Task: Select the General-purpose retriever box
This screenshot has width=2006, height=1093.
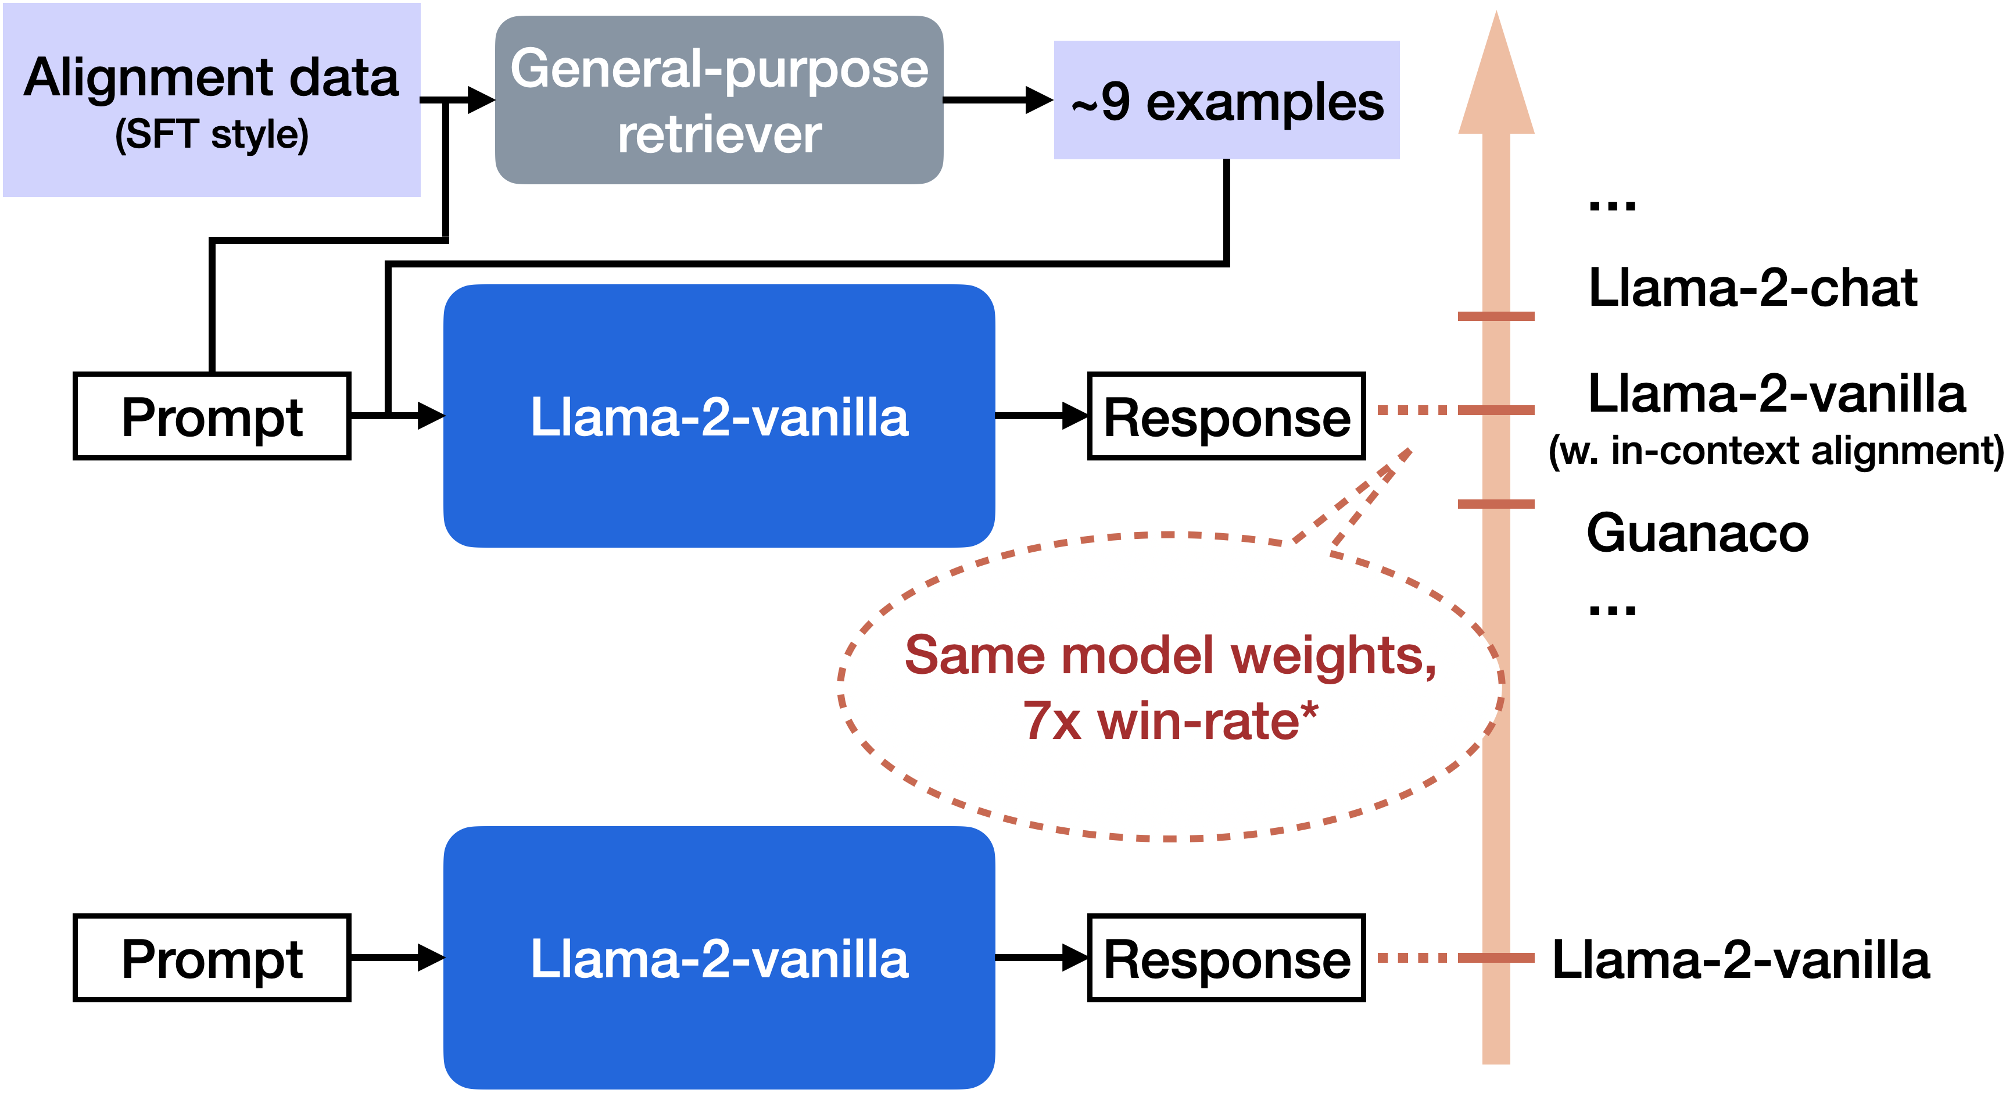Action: click(x=719, y=100)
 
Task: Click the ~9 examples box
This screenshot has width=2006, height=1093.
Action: click(x=1227, y=101)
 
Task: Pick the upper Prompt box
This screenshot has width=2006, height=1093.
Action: click(x=212, y=416)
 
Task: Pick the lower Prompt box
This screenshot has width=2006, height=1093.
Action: click(x=212, y=958)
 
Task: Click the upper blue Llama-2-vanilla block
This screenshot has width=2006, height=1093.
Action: click(x=719, y=416)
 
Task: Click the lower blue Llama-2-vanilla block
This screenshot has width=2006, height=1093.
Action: click(x=719, y=958)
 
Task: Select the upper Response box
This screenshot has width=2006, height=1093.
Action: click(x=1227, y=416)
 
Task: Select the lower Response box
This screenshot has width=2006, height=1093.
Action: click(x=1227, y=958)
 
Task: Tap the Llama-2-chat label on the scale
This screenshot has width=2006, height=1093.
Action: click(x=1752, y=288)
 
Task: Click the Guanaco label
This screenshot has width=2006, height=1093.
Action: click(x=1697, y=534)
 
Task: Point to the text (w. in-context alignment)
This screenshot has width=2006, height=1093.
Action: click(x=1775, y=451)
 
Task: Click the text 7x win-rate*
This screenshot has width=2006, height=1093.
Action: click(x=1170, y=720)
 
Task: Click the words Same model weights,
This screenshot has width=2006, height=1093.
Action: click(x=1170, y=655)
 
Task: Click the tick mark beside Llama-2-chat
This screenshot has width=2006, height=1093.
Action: click(x=1496, y=316)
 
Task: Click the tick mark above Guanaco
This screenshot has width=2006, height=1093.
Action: click(x=1496, y=504)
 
